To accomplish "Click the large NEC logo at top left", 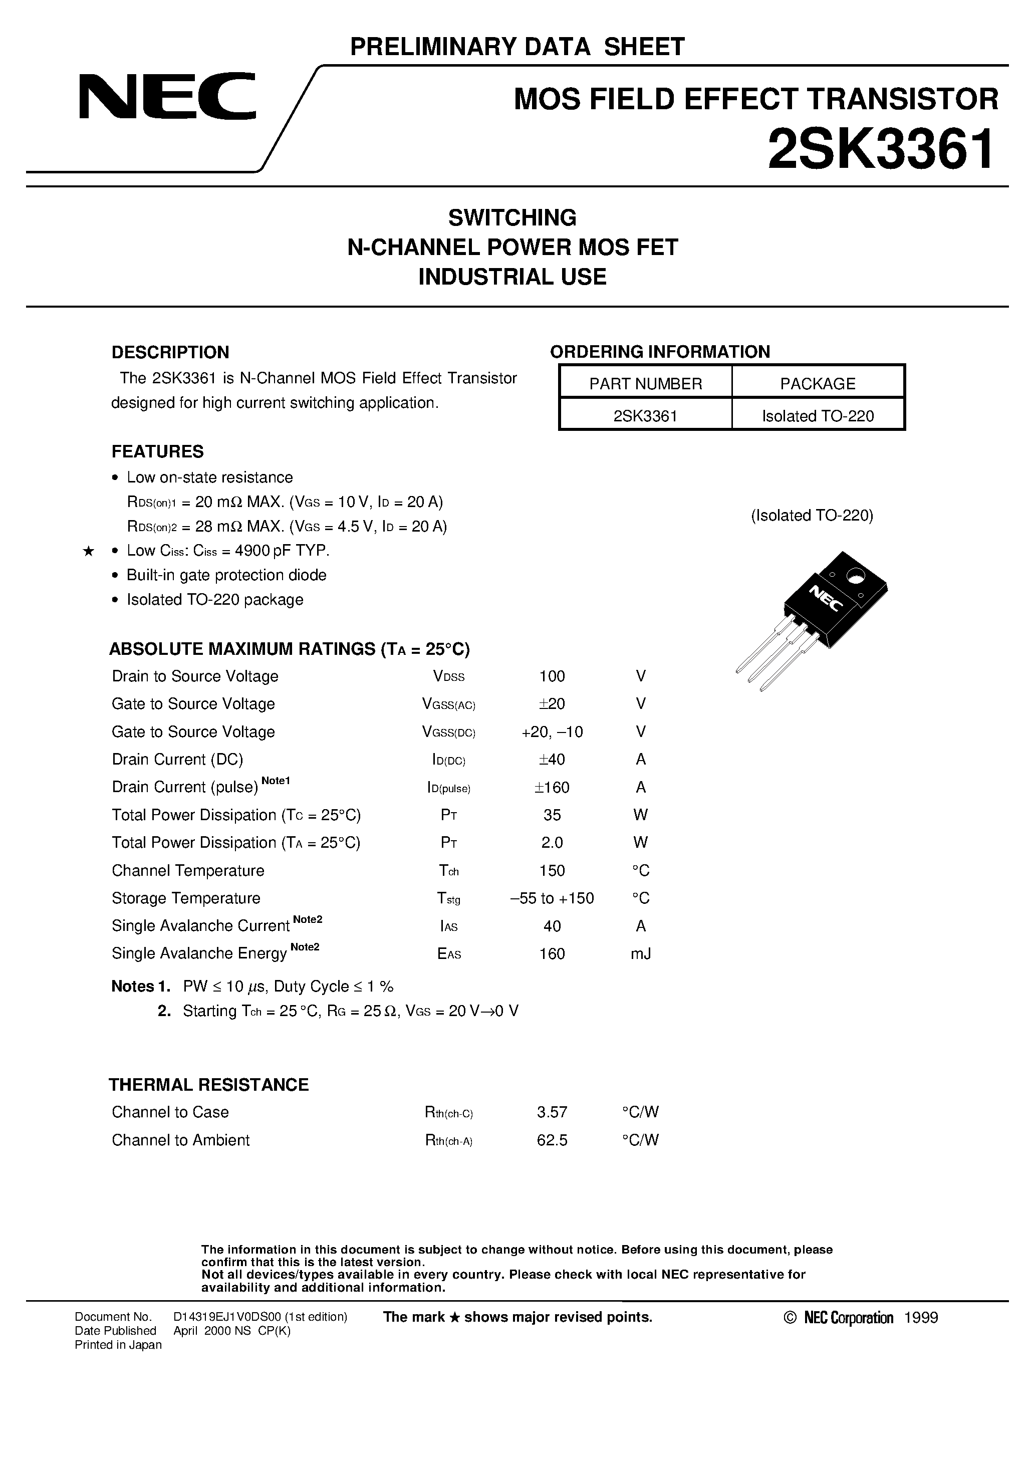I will (167, 96).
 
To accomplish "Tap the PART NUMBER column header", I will (645, 383).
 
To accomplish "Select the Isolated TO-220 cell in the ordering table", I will (818, 416).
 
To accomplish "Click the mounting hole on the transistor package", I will (853, 578).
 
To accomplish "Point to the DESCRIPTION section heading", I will (170, 352).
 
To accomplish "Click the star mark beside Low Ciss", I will (89, 551).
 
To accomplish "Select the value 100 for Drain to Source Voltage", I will (552, 676).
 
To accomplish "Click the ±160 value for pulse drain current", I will (552, 788).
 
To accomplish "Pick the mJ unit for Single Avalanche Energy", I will (641, 954).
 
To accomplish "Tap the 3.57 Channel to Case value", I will (552, 1112).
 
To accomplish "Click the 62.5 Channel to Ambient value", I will (552, 1140).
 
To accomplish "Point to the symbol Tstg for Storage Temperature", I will (448, 898).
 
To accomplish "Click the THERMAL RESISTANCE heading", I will (209, 1085).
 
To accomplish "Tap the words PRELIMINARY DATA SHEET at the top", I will (517, 47).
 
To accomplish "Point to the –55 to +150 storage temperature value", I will (552, 898).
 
